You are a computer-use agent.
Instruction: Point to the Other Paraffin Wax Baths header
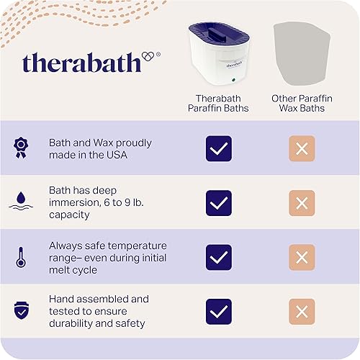pyautogui.click(x=302, y=104)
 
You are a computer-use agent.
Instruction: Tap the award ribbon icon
pyautogui.click(x=21, y=148)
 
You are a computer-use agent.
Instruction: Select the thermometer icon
pyautogui.click(x=21, y=257)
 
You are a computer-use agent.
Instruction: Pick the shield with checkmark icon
pyautogui.click(x=21, y=311)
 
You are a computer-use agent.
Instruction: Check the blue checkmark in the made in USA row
pyautogui.click(x=218, y=149)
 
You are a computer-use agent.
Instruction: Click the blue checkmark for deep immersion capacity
pyautogui.click(x=218, y=203)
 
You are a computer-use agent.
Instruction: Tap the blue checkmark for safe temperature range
pyautogui.click(x=218, y=257)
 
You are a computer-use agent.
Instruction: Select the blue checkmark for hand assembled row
pyautogui.click(x=218, y=311)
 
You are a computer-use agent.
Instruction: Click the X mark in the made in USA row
pyautogui.click(x=302, y=149)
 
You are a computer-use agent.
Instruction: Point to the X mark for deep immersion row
pyautogui.click(x=302, y=203)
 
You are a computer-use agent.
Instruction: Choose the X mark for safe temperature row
pyautogui.click(x=302, y=257)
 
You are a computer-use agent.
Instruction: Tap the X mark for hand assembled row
pyautogui.click(x=302, y=311)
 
